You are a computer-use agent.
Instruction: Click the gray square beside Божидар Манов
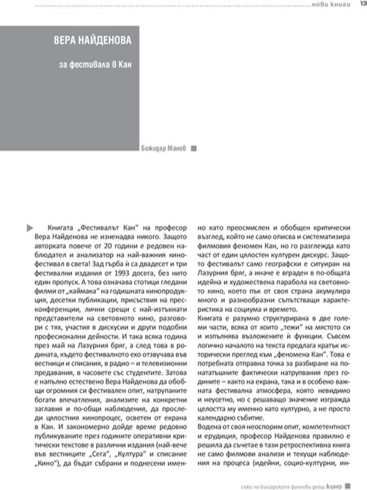[x=193, y=148]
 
